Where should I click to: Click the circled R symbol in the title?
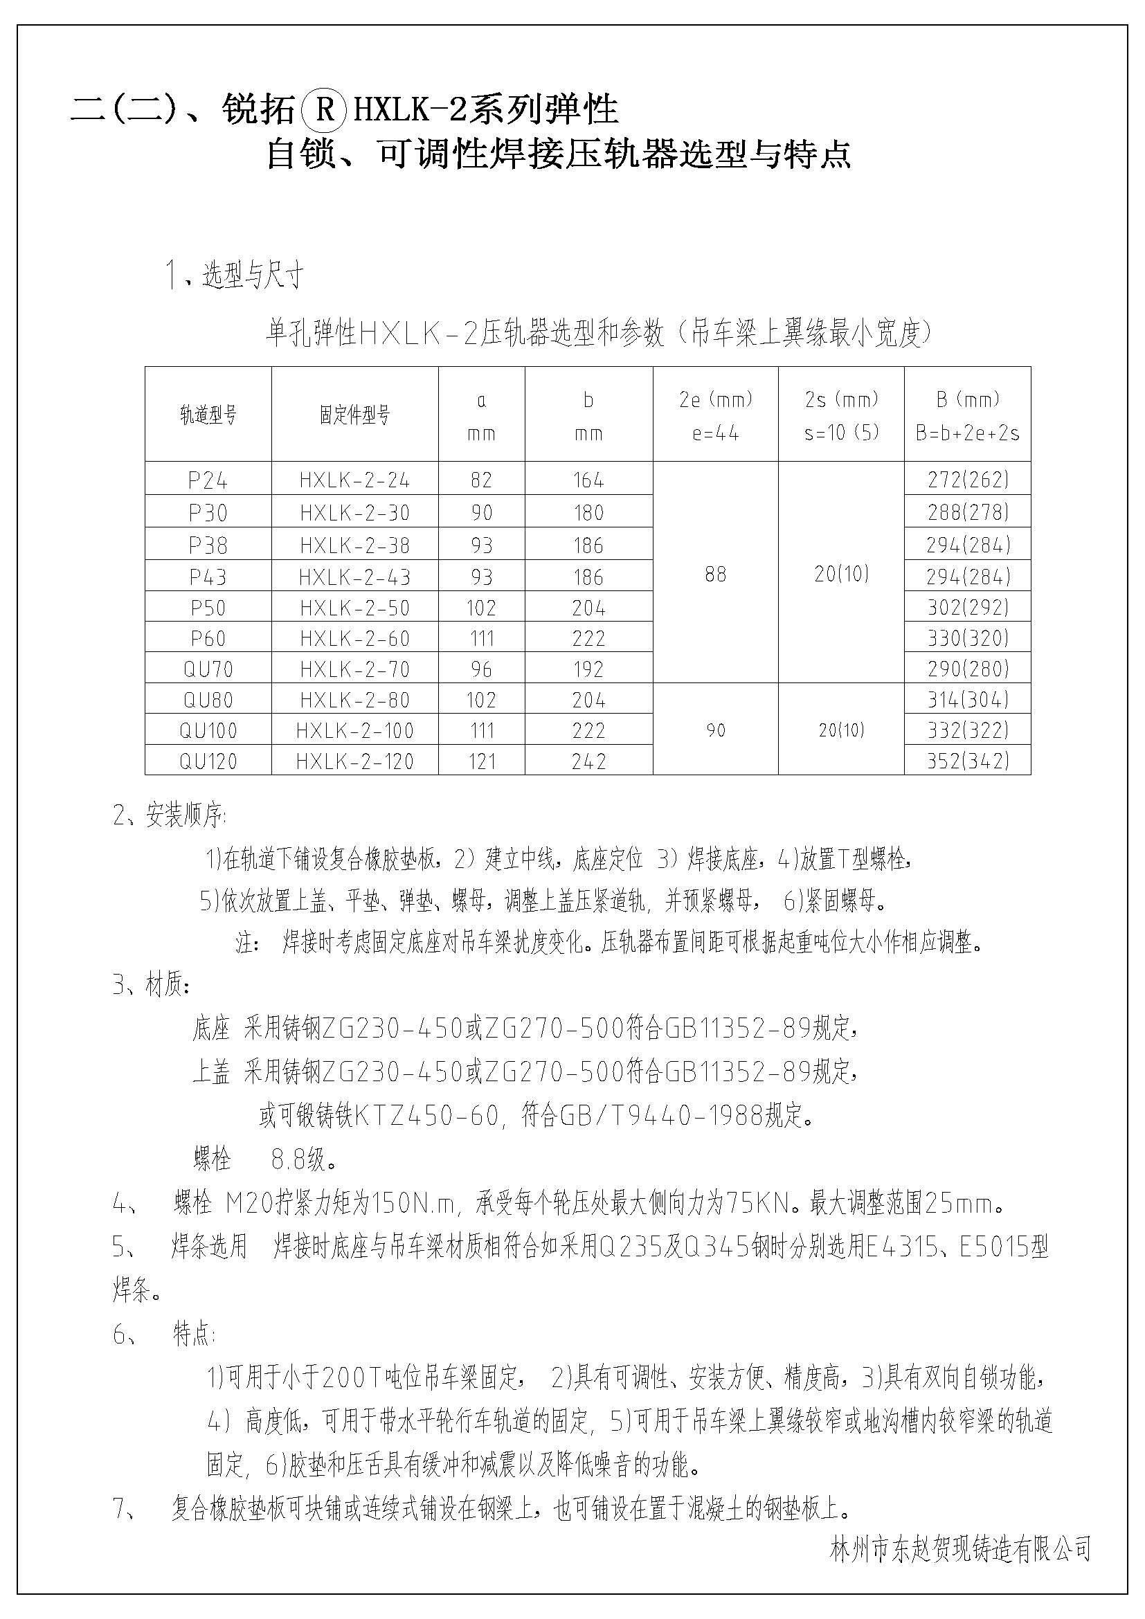[x=323, y=111]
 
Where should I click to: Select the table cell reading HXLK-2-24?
[x=354, y=480]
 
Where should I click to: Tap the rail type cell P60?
[x=208, y=639]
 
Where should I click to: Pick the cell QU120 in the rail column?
[x=208, y=761]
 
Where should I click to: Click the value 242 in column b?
[x=588, y=761]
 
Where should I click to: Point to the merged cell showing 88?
[x=715, y=574]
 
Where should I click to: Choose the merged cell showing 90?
[x=715, y=730]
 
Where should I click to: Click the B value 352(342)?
[x=967, y=761]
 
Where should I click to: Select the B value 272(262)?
[x=967, y=480]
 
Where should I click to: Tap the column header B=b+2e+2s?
[x=967, y=433]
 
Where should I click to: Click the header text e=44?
[x=715, y=433]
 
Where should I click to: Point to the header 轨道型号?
[x=208, y=415]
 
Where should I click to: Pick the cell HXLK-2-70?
[x=354, y=669]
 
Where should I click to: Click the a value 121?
[x=482, y=761]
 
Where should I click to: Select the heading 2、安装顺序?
[x=169, y=816]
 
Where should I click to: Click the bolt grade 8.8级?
[x=303, y=1159]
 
